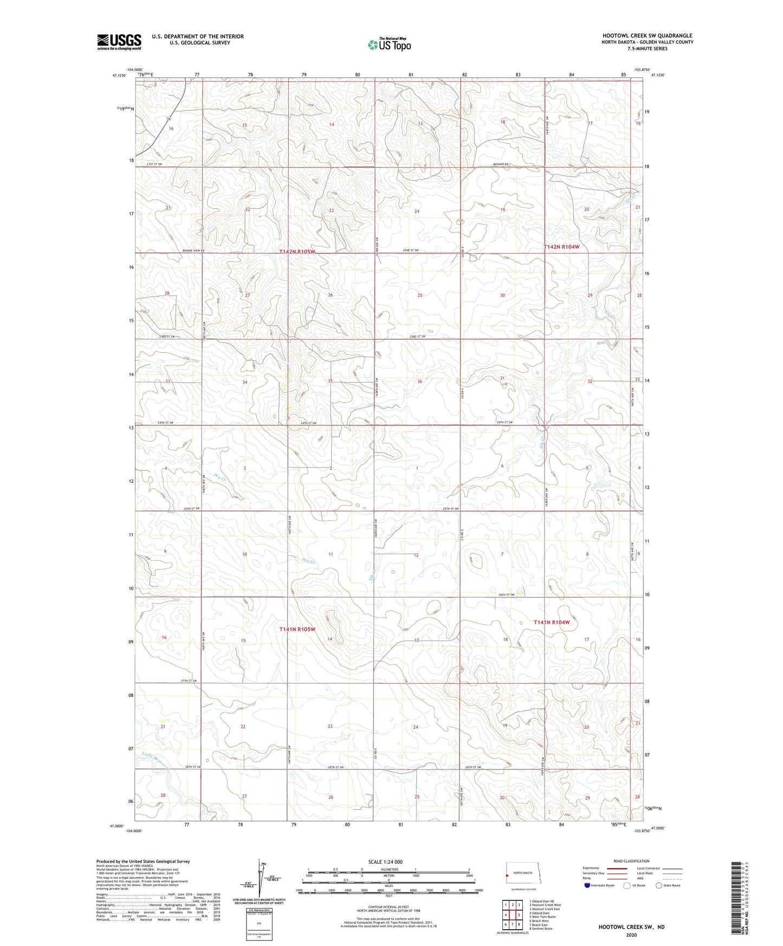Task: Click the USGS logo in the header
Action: (119, 41)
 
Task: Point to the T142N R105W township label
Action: (297, 252)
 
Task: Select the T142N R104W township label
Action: (561, 247)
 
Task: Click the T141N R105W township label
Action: (297, 629)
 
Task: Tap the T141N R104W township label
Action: (552, 623)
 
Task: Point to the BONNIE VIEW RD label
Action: (193, 251)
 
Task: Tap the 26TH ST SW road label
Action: (506, 594)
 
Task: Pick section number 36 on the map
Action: (419, 381)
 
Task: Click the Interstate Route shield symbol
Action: (587, 885)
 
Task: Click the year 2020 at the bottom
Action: (631, 935)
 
